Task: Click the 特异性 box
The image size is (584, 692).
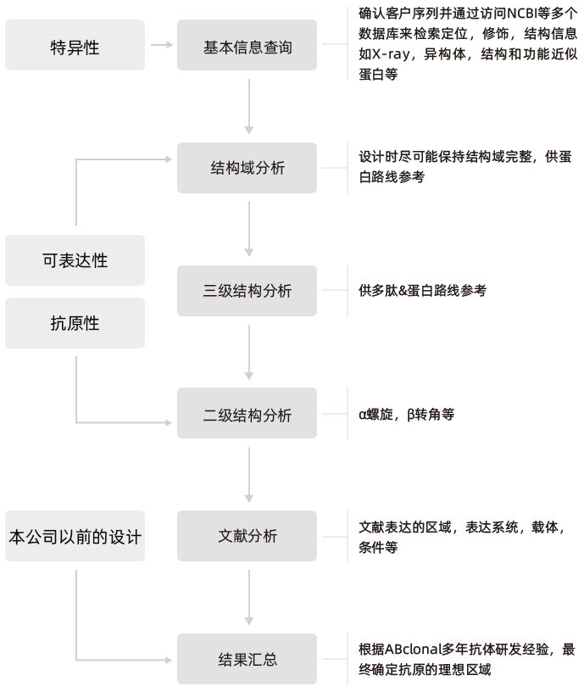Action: (x=75, y=47)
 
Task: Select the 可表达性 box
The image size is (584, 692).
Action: (x=75, y=260)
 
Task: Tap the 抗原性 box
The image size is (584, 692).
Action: (x=75, y=323)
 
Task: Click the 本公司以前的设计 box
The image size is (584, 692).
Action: (x=75, y=536)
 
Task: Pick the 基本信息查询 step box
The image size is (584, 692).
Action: (x=247, y=47)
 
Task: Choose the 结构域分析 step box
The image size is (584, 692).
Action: (x=247, y=168)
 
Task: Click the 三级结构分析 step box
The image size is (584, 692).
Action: (x=247, y=291)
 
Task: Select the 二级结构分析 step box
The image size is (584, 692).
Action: (x=247, y=415)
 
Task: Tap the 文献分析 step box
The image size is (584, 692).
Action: (x=247, y=536)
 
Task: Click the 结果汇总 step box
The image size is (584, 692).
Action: (x=247, y=659)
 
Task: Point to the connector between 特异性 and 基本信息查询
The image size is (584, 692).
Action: (x=161, y=45)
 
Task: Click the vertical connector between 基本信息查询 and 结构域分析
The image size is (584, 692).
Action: (x=248, y=106)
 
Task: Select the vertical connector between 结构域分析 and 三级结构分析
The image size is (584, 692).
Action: (x=248, y=229)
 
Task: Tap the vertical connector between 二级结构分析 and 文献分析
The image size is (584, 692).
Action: (x=248, y=475)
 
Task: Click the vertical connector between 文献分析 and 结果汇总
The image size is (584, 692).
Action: (x=248, y=597)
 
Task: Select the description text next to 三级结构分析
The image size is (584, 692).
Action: (x=423, y=291)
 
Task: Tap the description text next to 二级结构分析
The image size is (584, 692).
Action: (x=408, y=415)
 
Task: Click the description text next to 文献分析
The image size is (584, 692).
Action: (x=462, y=537)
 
